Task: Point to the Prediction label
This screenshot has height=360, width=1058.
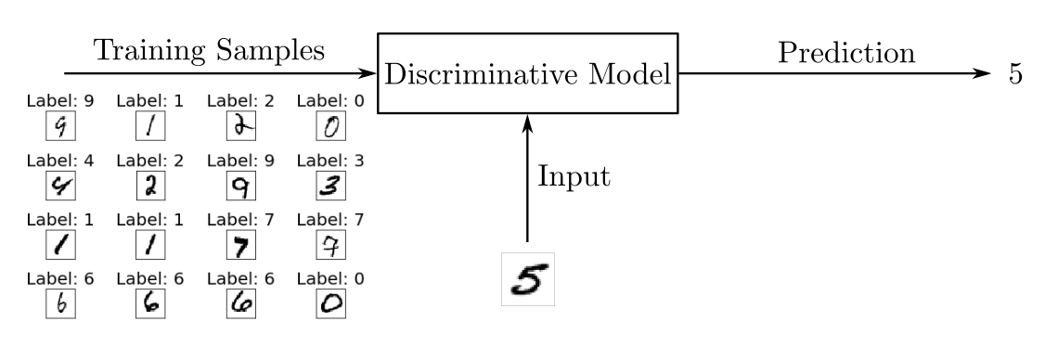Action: click(x=845, y=53)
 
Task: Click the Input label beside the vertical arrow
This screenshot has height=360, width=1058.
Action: click(x=574, y=176)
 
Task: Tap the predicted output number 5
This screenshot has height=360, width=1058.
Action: click(x=1015, y=75)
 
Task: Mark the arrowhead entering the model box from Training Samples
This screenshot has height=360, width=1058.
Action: click(x=368, y=74)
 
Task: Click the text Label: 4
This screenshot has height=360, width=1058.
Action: click(x=59, y=160)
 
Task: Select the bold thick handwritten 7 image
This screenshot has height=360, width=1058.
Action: click(x=240, y=248)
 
